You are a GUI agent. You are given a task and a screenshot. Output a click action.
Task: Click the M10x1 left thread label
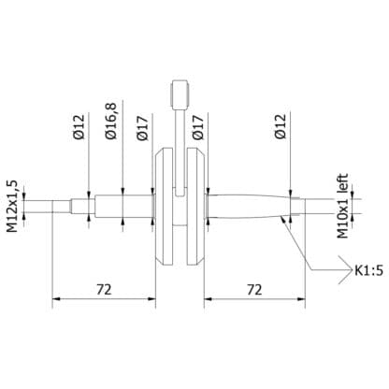[x=343, y=205]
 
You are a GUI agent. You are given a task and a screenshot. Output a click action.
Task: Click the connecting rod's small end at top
[x=180, y=94]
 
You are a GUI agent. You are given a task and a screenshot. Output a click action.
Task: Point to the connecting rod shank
[x=180, y=140]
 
